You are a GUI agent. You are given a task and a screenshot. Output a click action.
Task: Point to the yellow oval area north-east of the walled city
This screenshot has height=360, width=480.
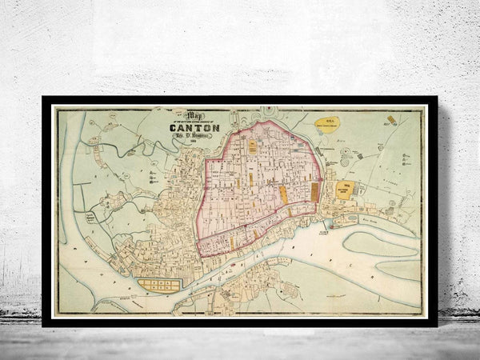(x=326, y=123)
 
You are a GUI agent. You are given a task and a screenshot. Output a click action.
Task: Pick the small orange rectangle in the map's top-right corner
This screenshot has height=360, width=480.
(x=391, y=120)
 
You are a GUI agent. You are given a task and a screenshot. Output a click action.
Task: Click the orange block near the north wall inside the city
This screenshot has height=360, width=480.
(x=252, y=146)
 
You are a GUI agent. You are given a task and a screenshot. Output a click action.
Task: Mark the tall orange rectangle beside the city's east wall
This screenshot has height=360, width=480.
(x=314, y=191)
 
